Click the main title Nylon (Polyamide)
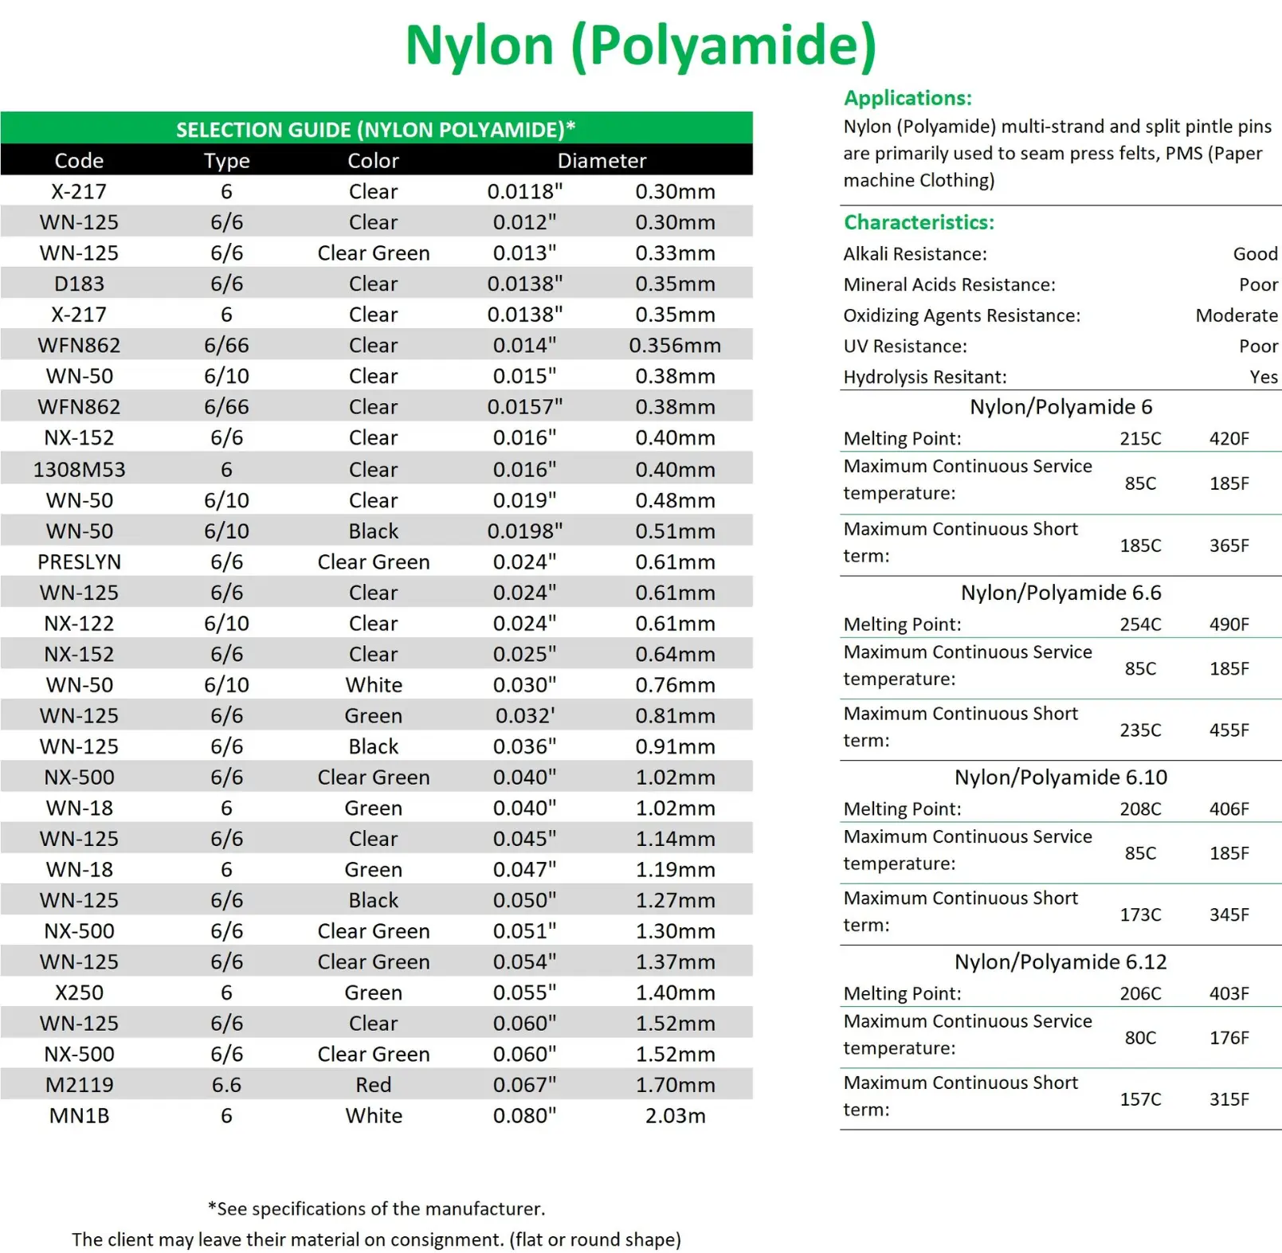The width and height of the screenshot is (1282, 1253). [641, 45]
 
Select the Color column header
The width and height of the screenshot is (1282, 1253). [373, 161]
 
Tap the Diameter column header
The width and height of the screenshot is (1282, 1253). [602, 161]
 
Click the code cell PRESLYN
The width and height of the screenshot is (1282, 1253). [79, 562]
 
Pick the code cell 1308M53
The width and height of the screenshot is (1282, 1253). [79, 470]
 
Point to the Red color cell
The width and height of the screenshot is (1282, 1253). [373, 1085]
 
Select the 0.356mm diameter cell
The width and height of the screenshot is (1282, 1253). [674, 346]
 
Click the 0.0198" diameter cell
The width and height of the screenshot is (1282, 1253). [524, 531]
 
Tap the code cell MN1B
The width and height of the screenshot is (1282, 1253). [79, 1116]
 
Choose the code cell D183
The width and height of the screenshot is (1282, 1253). [79, 284]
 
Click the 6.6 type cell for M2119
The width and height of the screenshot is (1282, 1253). [226, 1085]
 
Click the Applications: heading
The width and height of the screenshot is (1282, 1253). [908, 98]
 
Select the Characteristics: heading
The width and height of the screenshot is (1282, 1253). [919, 222]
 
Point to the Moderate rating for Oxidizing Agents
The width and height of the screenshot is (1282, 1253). [1236, 315]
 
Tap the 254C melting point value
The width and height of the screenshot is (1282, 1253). [1140, 625]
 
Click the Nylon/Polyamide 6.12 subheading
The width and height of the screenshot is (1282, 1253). [1060, 962]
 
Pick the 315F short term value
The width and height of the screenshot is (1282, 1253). [1229, 1099]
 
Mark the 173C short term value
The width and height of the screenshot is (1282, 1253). [1140, 914]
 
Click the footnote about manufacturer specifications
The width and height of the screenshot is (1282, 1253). [376, 1209]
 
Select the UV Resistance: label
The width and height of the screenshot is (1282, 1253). [905, 347]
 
